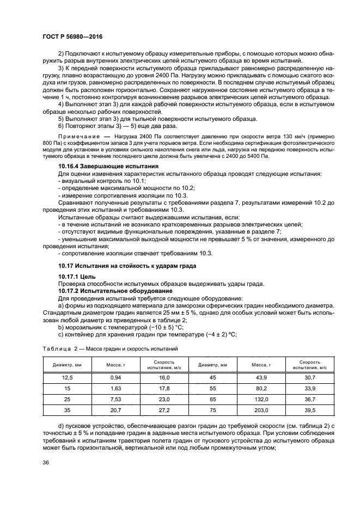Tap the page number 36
(x=46, y=463)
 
